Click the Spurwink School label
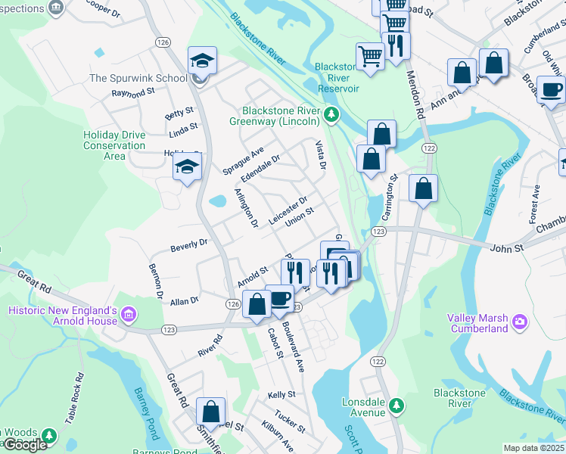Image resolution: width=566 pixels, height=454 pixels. [x=138, y=78]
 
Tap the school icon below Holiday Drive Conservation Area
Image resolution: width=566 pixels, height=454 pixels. [x=187, y=168]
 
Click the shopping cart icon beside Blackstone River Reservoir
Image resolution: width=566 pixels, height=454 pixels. [x=369, y=55]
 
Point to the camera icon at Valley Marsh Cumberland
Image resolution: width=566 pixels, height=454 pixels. [x=520, y=321]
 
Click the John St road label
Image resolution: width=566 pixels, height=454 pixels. [x=506, y=247]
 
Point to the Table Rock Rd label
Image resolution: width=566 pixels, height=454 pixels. [x=73, y=398]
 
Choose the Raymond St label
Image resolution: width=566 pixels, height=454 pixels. [x=133, y=92]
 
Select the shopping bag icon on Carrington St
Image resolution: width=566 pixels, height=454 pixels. [x=423, y=187]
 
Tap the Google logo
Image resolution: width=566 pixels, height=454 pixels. [x=25, y=445]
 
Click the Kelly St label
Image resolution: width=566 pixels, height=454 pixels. [x=281, y=395]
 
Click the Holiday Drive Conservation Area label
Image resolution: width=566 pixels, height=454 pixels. [x=114, y=145]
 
